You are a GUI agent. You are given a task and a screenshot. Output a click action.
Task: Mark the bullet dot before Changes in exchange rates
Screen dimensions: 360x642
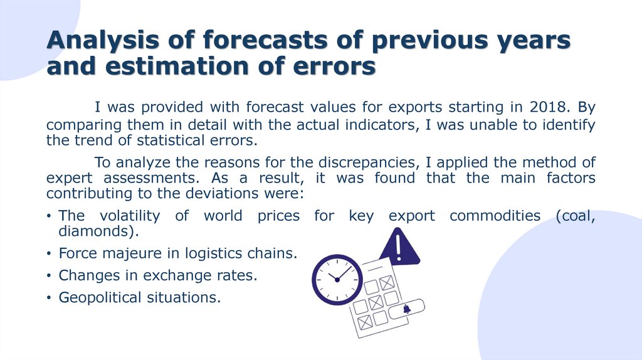click(49, 276)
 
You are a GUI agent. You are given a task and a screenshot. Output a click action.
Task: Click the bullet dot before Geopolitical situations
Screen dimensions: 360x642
click(49, 298)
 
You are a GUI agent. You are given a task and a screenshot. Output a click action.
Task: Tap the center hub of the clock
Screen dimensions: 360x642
click(337, 278)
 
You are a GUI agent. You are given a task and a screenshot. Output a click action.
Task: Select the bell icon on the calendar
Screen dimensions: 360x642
click(406, 309)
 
